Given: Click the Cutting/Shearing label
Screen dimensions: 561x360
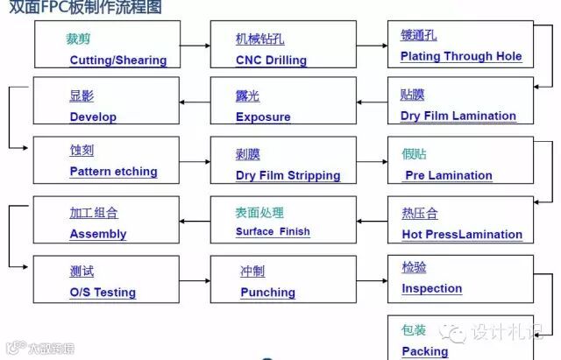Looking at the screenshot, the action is click(x=117, y=60).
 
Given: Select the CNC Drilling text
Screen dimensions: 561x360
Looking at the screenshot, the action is click(x=271, y=60).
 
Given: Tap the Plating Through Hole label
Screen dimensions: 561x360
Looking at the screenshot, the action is click(x=460, y=56).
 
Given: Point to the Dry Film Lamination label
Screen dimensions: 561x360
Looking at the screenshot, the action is click(x=458, y=116).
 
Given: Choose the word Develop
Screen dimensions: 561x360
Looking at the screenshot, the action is click(x=93, y=116).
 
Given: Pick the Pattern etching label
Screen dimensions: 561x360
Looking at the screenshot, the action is click(x=113, y=172).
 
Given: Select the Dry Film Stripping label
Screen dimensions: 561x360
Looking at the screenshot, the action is click(x=288, y=175).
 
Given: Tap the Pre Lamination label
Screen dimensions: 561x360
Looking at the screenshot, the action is click(x=448, y=175).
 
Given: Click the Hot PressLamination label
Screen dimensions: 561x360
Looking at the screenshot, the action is click(x=461, y=235).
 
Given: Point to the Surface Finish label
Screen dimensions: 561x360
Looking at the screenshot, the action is click(x=273, y=232).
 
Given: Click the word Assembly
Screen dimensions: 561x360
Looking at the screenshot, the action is click(x=97, y=234).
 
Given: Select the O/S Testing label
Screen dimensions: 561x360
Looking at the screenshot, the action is click(x=103, y=293).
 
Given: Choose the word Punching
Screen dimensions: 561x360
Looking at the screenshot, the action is click(x=267, y=293).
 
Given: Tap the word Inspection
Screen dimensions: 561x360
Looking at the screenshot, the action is click(x=431, y=288).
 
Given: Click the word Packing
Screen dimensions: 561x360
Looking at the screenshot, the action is click(x=424, y=351).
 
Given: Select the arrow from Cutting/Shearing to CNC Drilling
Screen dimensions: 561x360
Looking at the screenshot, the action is click(x=195, y=46).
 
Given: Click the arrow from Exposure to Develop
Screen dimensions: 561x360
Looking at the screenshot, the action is click(x=195, y=102).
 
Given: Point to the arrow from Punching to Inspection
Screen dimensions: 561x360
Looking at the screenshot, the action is click(x=372, y=278).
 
